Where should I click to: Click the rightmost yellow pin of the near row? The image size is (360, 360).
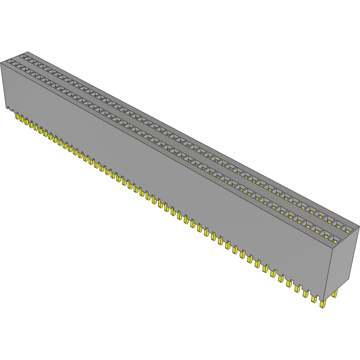pyautogui.click(x=322, y=304)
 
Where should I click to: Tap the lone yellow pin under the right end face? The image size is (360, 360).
pyautogui.click(x=334, y=294)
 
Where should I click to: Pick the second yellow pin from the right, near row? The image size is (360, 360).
pyautogui.click(x=314, y=299)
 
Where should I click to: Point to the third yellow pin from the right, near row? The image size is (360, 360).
pyautogui.click(x=305, y=294)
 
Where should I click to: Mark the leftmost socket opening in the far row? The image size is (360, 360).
pyautogui.click(x=25, y=55)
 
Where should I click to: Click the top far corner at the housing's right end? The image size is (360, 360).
pyautogui.click(x=359, y=226)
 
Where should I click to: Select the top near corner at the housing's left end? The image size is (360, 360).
pyautogui.click(x=1, y=62)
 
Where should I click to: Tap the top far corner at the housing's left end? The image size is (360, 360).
pyautogui.click(x=28, y=52)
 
